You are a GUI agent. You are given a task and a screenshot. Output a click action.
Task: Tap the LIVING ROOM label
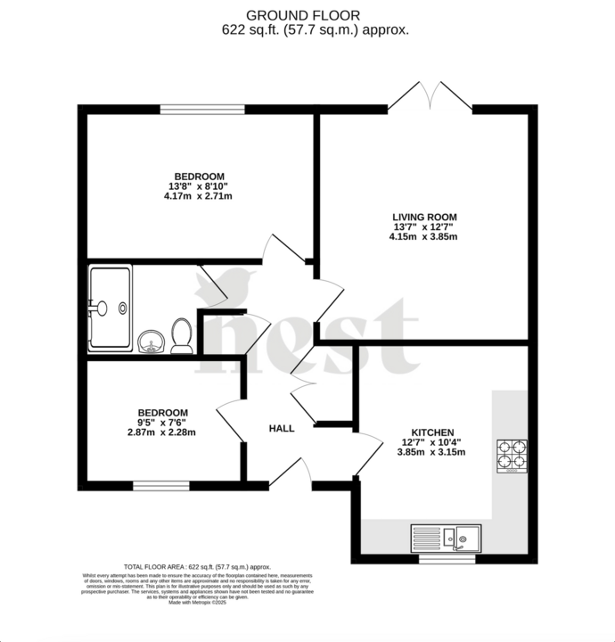coord(424,216)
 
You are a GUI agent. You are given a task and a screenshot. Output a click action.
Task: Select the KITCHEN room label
coord(431,431)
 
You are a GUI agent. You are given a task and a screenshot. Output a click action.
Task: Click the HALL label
coord(282,429)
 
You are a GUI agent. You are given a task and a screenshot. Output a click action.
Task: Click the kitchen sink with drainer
coord(446,538)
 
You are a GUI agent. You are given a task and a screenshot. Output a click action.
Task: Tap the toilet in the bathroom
coord(181,337)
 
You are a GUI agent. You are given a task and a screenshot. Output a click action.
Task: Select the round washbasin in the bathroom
coord(150,341)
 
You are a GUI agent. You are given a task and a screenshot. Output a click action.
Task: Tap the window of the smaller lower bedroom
coord(161,486)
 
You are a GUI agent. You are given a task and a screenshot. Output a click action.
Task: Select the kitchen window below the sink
coord(446,560)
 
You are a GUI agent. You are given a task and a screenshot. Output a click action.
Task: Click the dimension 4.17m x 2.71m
coord(198,196)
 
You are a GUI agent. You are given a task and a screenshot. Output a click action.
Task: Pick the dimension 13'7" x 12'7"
coord(424,226)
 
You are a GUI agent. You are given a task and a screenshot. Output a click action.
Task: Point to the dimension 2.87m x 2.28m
coord(161,432)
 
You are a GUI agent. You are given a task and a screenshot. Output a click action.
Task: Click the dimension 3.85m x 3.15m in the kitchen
coord(431,452)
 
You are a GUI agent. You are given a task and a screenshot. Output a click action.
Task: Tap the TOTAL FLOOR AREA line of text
coord(197,566)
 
